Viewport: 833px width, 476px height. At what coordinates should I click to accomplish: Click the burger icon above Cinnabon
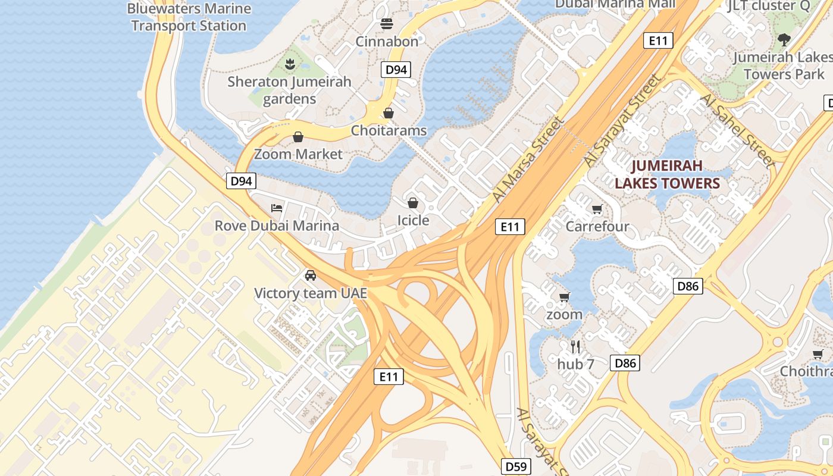coord(387,24)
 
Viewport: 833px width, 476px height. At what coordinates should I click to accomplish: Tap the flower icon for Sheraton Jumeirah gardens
coord(290,63)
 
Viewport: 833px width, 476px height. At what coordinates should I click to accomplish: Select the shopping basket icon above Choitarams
coord(389,112)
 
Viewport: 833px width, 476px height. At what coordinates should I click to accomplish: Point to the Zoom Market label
coord(298,154)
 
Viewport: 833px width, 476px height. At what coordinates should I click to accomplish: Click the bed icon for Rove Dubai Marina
coord(277,208)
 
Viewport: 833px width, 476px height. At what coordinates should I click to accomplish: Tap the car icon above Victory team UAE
coord(310,275)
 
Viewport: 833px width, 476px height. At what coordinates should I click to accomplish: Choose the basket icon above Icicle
coord(413,202)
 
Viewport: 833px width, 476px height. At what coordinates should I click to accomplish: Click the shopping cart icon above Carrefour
coord(597,209)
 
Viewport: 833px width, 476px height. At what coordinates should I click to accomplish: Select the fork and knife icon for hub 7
coord(575,346)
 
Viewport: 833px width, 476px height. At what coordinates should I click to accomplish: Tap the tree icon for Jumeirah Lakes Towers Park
coord(784,40)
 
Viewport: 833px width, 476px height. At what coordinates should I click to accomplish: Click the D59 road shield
coord(515,466)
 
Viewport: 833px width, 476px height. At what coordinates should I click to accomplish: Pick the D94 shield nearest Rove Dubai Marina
coord(241,181)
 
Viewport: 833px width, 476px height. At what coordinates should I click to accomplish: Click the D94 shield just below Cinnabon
coord(396,70)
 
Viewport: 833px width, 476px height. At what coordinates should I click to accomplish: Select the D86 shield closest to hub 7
coord(625,363)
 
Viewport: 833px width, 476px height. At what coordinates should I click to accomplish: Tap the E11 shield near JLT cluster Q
coord(658,40)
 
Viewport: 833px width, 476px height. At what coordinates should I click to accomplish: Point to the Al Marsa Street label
coord(528,159)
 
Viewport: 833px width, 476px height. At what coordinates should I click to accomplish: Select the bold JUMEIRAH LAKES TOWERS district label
coord(667,174)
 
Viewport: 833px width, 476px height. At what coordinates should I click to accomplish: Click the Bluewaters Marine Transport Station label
coord(189,17)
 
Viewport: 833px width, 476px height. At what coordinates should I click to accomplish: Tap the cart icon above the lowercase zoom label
coord(564,297)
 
